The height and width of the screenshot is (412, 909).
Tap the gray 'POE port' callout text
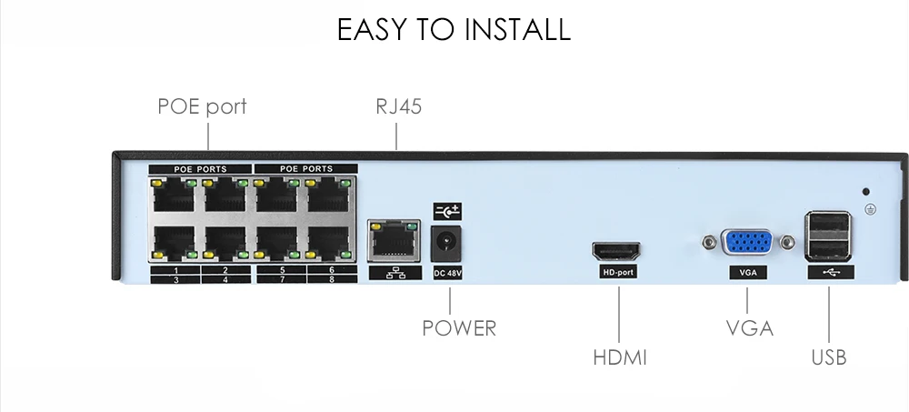(203, 106)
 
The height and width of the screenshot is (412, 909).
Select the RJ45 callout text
(398, 106)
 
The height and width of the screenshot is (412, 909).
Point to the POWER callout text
(459, 328)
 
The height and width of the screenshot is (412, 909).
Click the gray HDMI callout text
(620, 357)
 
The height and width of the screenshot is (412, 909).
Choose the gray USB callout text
(829, 357)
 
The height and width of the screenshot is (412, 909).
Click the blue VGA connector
(746, 242)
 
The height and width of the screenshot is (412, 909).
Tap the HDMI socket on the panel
(616, 251)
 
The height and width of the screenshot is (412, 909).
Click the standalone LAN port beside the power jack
(395, 240)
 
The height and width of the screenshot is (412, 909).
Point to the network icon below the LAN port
(395, 273)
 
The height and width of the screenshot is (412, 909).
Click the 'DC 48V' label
(447, 273)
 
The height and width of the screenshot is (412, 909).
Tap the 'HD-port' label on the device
(618, 272)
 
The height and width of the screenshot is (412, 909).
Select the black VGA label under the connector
(748, 272)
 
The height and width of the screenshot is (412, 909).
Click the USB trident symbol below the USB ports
(831, 272)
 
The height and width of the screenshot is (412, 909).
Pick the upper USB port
(828, 225)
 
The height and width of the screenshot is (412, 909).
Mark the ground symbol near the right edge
(870, 209)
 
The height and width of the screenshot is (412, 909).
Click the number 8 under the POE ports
(332, 280)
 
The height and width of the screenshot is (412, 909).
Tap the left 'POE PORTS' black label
(200, 169)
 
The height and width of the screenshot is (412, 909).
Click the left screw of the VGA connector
(708, 242)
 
